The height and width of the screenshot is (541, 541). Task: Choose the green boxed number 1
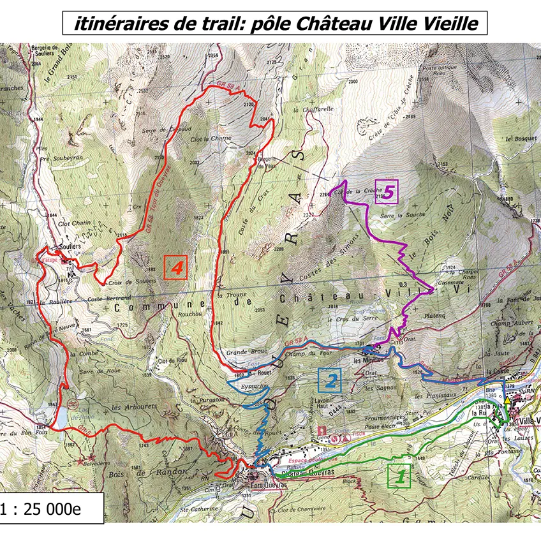399,475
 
